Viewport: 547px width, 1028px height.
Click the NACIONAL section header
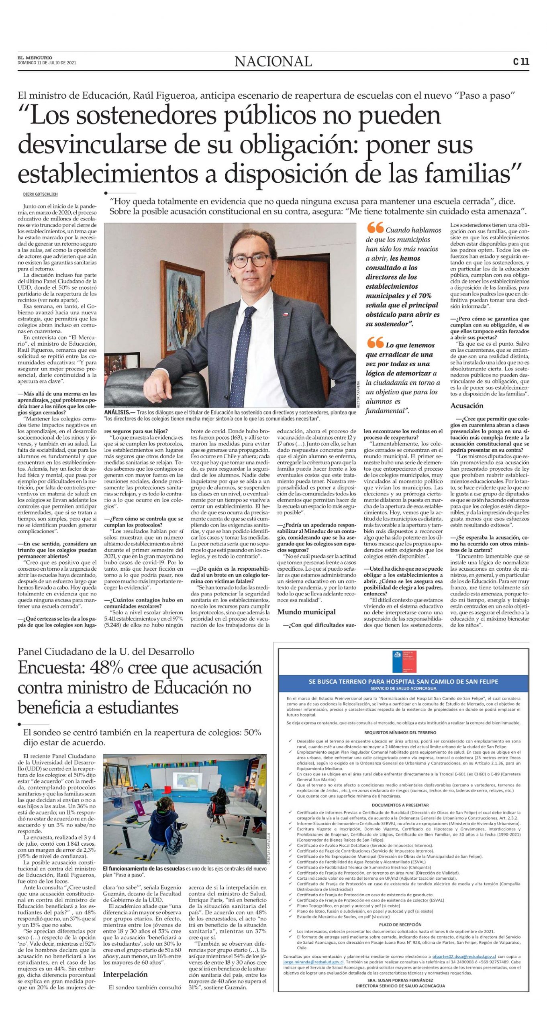click(273, 61)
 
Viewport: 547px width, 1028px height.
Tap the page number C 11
click(521, 61)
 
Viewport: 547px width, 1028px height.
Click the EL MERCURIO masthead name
click(35, 58)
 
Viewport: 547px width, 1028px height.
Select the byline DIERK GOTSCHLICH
click(40, 194)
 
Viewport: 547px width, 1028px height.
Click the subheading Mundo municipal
click(306, 612)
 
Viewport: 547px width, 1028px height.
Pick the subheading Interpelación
click(125, 974)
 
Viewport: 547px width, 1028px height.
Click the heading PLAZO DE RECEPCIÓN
click(400, 924)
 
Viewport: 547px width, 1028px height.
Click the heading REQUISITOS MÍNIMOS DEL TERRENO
click(400, 732)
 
